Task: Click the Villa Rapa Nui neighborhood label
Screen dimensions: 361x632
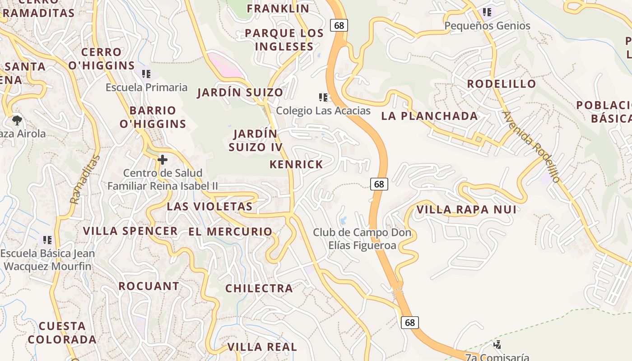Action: point(466,209)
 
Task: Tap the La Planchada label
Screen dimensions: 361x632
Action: point(429,116)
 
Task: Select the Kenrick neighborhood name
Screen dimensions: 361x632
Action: point(296,164)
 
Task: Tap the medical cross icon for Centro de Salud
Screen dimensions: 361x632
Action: point(163,160)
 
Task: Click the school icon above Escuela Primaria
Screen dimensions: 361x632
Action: point(146,74)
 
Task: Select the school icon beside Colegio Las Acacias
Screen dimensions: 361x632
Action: point(323,97)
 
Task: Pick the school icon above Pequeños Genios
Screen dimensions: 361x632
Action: point(487,12)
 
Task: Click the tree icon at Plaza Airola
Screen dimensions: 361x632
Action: point(17,120)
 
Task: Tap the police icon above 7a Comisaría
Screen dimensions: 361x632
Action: point(497,345)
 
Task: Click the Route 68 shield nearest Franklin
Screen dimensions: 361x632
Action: point(339,25)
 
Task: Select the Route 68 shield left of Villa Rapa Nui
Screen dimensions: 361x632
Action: point(379,184)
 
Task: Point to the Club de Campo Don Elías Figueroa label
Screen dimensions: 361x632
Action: point(362,239)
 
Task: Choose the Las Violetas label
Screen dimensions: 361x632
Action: point(209,207)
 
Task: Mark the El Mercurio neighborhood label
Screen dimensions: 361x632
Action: point(230,231)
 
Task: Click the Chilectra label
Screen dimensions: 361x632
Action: point(259,288)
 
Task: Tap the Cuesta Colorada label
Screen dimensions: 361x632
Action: point(62,333)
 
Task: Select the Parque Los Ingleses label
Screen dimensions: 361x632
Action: point(284,40)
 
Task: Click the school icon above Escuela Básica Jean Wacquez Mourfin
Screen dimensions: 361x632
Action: point(47,240)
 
